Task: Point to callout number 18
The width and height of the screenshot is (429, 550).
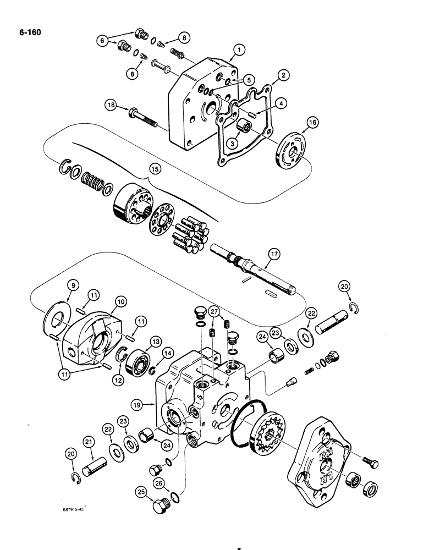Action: [x=111, y=106]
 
